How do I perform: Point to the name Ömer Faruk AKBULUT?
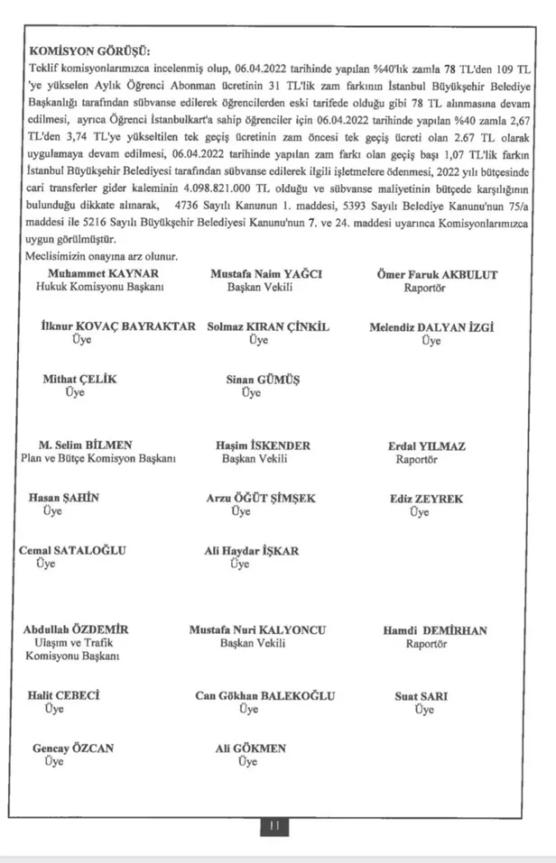coord(438,273)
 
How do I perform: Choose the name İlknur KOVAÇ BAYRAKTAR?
coord(118,326)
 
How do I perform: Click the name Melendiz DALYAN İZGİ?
coord(431,326)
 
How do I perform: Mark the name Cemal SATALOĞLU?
coord(73,550)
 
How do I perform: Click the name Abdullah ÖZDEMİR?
coord(76,629)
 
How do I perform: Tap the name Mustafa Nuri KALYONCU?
coord(257,629)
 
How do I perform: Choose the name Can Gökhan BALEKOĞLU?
coord(264,695)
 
